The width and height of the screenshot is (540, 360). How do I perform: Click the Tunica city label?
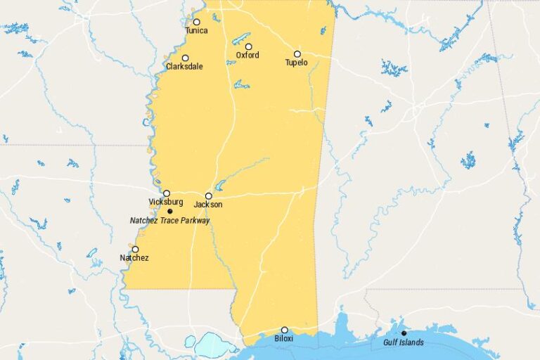[x=196, y=31]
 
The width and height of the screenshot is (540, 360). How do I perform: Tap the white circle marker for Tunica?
[x=196, y=22]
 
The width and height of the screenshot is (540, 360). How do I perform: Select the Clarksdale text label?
[x=184, y=67]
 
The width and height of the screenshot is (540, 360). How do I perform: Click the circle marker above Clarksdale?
[x=185, y=58]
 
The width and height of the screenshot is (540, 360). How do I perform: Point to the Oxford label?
[x=247, y=55]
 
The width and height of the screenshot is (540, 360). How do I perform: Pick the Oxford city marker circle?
[x=248, y=46]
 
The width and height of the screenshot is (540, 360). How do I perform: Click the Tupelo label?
[x=296, y=63]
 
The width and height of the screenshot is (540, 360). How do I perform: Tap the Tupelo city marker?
[x=297, y=53]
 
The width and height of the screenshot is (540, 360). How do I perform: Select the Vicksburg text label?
[x=166, y=202]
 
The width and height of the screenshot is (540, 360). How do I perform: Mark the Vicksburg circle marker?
[x=167, y=193]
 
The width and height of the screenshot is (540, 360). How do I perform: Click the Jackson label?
[x=208, y=205]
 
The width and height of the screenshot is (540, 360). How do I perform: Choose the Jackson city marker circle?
[x=208, y=196]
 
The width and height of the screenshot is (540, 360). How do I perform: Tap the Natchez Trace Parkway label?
[x=170, y=220]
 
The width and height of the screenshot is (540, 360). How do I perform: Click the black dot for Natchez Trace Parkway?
[x=169, y=211]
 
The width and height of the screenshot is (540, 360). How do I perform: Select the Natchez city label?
[x=134, y=258]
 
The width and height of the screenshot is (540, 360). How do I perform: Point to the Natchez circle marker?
[x=135, y=249]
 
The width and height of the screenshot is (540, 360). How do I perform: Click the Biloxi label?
[x=284, y=339]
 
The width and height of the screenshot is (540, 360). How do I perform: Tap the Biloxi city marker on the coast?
[x=284, y=330]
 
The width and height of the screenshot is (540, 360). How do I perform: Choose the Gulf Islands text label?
[x=404, y=342]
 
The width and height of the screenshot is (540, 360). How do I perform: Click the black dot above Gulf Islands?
[x=404, y=333]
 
